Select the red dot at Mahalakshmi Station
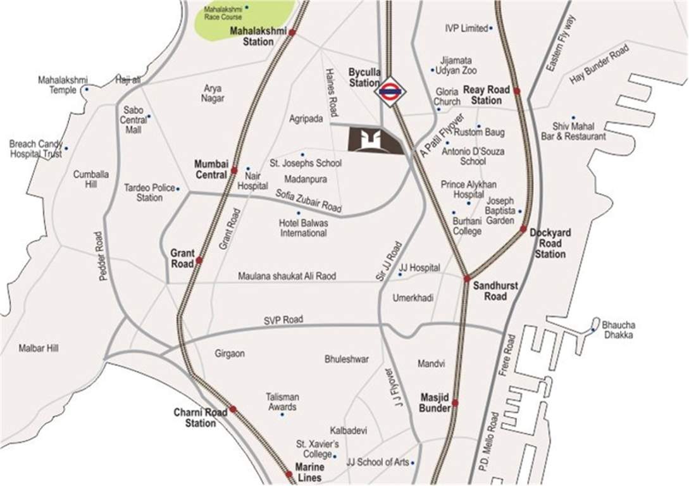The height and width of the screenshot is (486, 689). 292,32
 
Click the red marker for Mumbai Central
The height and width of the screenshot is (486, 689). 234,170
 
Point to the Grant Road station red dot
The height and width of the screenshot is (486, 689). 199,260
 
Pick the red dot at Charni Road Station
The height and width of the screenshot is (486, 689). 233,409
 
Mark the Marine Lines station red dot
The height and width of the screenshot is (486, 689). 289,474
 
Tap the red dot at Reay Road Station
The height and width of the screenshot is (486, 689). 517,91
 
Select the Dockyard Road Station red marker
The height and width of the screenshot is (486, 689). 524,229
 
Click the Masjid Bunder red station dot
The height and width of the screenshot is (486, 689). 455,402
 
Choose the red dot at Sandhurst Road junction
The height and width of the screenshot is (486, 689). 467,278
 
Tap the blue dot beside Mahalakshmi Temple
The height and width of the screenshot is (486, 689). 87,89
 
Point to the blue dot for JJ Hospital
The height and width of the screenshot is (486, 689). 400,275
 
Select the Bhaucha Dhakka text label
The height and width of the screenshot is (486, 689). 619,330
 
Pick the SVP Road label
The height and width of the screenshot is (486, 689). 283,320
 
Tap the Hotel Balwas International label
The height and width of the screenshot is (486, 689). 303,228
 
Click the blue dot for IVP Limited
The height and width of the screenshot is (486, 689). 491,28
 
